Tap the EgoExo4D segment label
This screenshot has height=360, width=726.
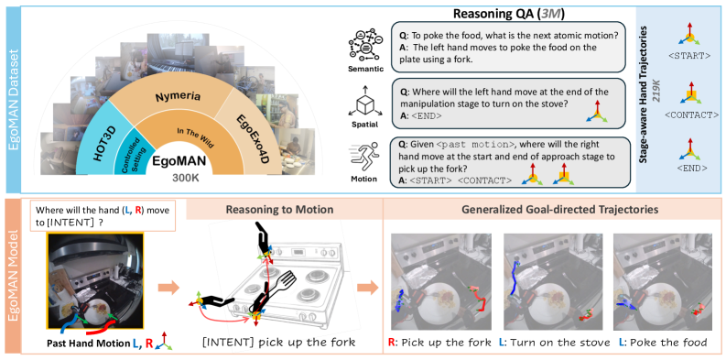point(254,138)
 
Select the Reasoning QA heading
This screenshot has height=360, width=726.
point(509,14)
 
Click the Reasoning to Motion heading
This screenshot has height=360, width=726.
point(279,210)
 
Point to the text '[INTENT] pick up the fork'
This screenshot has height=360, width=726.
point(278,343)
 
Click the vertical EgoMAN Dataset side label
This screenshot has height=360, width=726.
point(9,99)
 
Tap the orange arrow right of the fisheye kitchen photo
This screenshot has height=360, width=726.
point(168,288)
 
